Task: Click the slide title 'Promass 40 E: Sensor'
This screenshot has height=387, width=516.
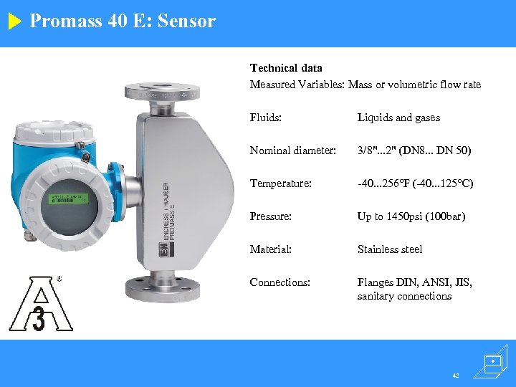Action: [x=123, y=21]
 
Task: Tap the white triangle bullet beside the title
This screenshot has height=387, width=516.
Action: [x=15, y=21]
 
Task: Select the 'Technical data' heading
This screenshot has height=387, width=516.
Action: [x=286, y=68]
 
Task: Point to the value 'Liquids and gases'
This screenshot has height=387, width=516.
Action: [x=398, y=118]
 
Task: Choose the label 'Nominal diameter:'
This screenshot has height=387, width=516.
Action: [x=292, y=150]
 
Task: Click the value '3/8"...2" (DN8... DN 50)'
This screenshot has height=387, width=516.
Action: [x=415, y=150]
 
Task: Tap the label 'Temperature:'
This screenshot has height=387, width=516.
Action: [x=280, y=183]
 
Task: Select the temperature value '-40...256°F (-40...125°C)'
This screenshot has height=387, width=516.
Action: [x=416, y=183]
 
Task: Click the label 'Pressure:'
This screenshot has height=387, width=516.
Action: [x=270, y=216]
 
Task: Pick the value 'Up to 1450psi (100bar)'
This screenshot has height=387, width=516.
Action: [x=411, y=216]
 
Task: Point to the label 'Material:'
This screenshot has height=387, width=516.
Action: [x=270, y=249]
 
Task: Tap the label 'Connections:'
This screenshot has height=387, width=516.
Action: [x=279, y=282]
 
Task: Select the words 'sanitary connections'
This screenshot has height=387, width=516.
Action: [x=404, y=296]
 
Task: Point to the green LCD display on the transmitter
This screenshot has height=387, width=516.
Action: [x=67, y=199]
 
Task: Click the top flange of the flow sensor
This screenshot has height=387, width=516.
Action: [x=161, y=92]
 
